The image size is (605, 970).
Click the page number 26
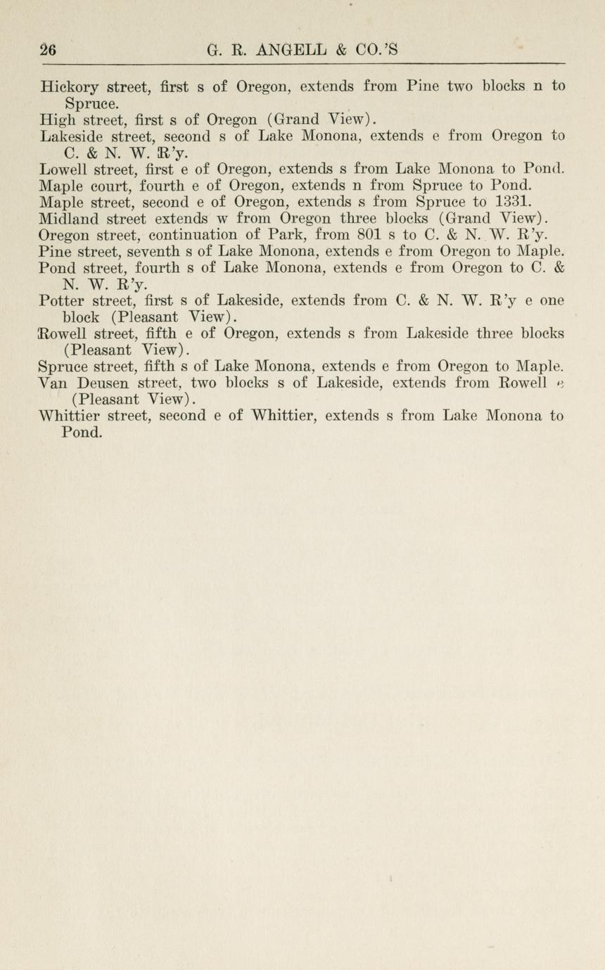pos(49,50)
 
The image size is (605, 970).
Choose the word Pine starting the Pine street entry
pos(57,252)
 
